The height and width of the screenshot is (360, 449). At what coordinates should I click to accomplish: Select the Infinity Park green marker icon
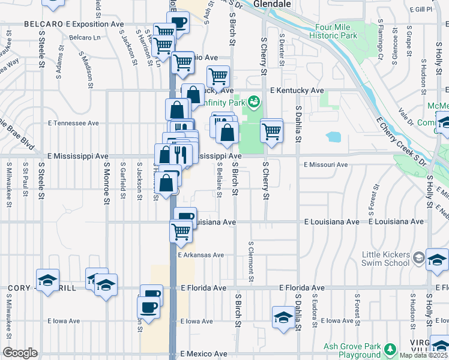[x=255, y=102]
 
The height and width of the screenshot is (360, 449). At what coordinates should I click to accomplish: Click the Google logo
[x=20, y=353]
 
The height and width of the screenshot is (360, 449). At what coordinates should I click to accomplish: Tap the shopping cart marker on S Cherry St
[x=272, y=130]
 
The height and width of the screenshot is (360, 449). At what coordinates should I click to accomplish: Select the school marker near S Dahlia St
[x=283, y=317]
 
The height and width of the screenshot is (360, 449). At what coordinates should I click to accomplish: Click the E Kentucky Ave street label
[x=297, y=90]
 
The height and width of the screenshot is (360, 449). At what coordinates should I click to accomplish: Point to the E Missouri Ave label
[x=325, y=164]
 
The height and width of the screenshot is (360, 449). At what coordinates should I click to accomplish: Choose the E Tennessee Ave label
[x=73, y=123]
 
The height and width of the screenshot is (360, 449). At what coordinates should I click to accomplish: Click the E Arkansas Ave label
[x=201, y=255]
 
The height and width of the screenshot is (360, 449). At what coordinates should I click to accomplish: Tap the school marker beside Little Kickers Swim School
[x=437, y=259]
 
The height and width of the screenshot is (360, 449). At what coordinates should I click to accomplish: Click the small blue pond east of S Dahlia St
[x=334, y=137]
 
